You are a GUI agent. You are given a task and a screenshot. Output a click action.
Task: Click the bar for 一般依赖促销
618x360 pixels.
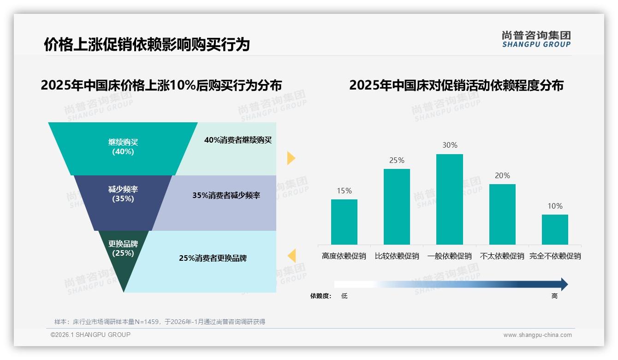[x=449, y=199]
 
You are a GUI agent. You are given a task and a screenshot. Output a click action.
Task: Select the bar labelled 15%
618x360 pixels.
[x=344, y=222]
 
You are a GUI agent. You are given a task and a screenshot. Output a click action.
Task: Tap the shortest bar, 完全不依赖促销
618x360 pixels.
[x=555, y=229]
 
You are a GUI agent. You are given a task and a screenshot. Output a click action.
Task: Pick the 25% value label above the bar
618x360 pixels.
[x=397, y=161]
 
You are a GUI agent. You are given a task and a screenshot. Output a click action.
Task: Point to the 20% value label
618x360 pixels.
[x=502, y=176]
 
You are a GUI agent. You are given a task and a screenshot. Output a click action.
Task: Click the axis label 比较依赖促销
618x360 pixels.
[x=397, y=256]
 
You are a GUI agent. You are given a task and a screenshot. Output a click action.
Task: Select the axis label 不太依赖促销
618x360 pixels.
[x=502, y=256]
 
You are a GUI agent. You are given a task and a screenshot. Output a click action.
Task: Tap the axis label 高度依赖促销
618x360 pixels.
[x=344, y=256]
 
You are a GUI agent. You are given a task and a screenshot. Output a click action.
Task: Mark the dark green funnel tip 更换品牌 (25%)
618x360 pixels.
[x=123, y=258]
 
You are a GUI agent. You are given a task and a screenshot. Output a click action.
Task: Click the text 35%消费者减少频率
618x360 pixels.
[x=226, y=196]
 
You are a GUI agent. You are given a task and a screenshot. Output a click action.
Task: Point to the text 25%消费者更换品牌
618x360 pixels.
[x=213, y=258]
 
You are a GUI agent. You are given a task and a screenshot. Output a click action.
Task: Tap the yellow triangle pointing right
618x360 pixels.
[x=291, y=158]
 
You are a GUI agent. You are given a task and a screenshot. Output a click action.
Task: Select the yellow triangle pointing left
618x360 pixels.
[x=291, y=255]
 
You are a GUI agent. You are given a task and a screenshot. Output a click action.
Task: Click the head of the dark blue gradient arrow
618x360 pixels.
[x=564, y=284]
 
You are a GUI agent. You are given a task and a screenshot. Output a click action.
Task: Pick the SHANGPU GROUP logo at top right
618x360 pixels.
[x=536, y=39]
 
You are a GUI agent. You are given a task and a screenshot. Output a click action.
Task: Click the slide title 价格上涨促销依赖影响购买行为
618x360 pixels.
[x=147, y=44]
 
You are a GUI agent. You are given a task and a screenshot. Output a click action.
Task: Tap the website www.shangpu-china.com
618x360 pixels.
[x=537, y=335]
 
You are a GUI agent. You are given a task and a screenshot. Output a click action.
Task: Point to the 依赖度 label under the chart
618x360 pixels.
[x=321, y=296]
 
